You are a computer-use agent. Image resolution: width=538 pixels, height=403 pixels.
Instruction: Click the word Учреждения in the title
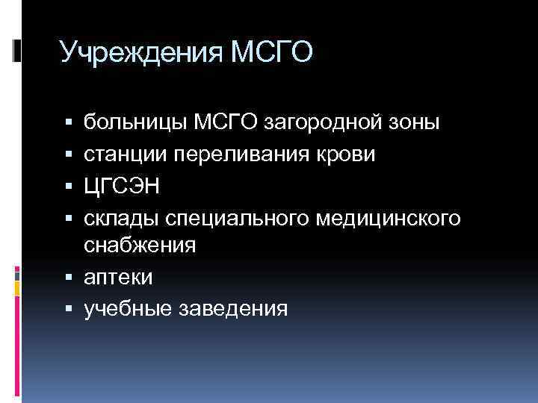pos(140,54)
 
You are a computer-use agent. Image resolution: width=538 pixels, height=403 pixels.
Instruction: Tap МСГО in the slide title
pos(272,54)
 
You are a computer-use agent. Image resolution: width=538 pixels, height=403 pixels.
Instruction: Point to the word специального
pos(237,217)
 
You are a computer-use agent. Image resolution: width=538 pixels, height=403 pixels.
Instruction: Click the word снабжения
pos(140,246)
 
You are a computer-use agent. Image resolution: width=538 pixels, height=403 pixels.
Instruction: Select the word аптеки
pos(118,278)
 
